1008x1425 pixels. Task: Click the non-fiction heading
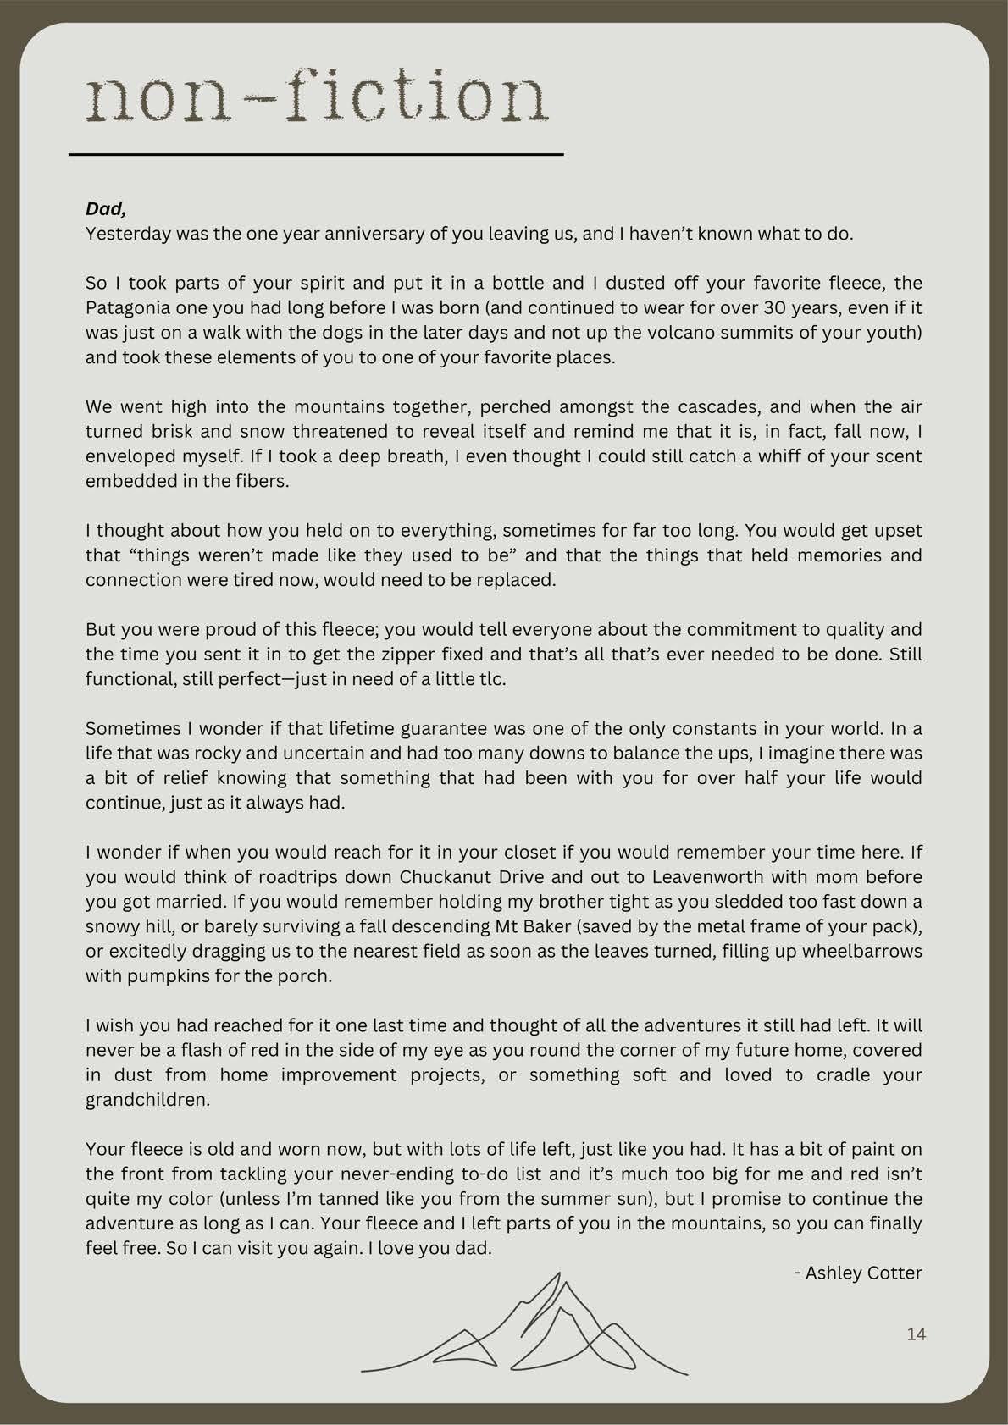tap(317, 98)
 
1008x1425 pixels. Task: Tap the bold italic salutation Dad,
tap(106, 208)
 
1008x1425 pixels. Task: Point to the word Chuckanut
tap(441, 877)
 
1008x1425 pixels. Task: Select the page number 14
tap(917, 1334)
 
